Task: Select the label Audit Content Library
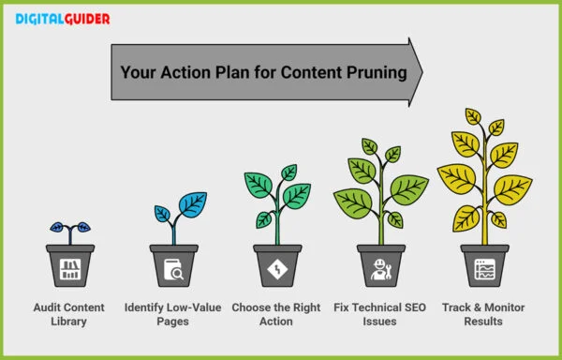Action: [x=69, y=314]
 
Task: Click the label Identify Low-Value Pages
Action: [x=173, y=314]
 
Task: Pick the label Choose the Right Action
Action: [x=277, y=314]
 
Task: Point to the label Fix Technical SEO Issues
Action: [x=381, y=314]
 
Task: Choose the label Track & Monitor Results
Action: [x=484, y=314]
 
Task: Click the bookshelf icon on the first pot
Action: [x=69, y=271]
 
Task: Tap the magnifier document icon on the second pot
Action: [x=173, y=272]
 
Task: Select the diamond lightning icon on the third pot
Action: [x=277, y=271]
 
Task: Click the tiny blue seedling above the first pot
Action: [x=69, y=228]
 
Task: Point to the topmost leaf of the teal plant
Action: [x=289, y=172]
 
